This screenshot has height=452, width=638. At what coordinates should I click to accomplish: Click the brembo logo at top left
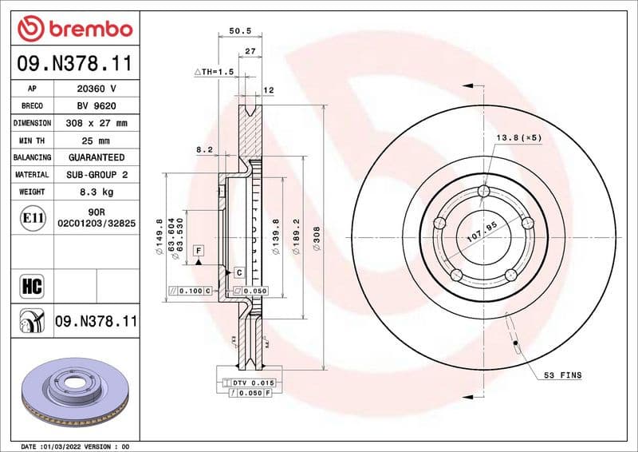pyautogui.click(x=74, y=28)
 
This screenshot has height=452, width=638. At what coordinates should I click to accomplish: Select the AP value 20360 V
pyautogui.click(x=96, y=89)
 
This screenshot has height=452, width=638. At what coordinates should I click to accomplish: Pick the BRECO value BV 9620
pyautogui.click(x=96, y=105)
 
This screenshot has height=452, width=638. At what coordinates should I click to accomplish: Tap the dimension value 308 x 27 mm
pyautogui.click(x=96, y=123)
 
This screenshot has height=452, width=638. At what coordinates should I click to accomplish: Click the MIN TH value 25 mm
pyautogui.click(x=96, y=141)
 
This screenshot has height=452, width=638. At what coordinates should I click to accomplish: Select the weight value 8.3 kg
pyautogui.click(x=96, y=192)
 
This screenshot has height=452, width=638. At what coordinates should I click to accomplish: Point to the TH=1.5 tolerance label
pyautogui.click(x=215, y=72)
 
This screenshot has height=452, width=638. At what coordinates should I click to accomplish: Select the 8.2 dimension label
pyautogui.click(x=205, y=149)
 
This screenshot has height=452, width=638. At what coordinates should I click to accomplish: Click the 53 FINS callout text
pyautogui.click(x=562, y=375)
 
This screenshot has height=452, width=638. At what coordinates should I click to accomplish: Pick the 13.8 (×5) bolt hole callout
pyautogui.click(x=518, y=138)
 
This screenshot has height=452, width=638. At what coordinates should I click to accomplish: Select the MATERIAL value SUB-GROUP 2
pyautogui.click(x=96, y=174)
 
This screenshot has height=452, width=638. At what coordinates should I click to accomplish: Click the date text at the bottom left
pyautogui.click(x=74, y=446)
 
